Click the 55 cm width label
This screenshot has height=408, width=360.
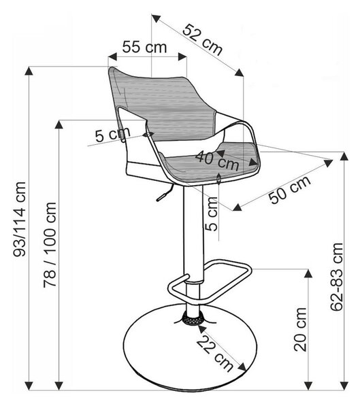tap(144, 47)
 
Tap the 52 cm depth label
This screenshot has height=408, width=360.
tap(203, 40)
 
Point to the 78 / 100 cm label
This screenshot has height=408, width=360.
tap(50, 245)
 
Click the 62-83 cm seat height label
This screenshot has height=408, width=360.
tap(337, 277)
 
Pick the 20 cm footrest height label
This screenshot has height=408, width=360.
tap(300, 329)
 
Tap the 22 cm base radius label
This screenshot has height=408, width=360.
tap(214, 354)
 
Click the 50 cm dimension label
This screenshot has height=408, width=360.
tap(289, 190)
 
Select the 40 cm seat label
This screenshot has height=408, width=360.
tap(217, 160)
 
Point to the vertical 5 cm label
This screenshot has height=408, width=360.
tap(211, 214)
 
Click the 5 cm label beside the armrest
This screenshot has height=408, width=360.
tap(112, 135)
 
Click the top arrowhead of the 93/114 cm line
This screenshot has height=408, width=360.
tap(29, 71)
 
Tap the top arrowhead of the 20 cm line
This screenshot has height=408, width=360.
tap(308, 273)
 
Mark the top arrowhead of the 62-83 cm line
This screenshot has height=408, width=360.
tap(344, 156)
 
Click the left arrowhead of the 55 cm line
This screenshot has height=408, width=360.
tap(112, 56)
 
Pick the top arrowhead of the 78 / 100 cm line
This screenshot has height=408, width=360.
tap(59, 124)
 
